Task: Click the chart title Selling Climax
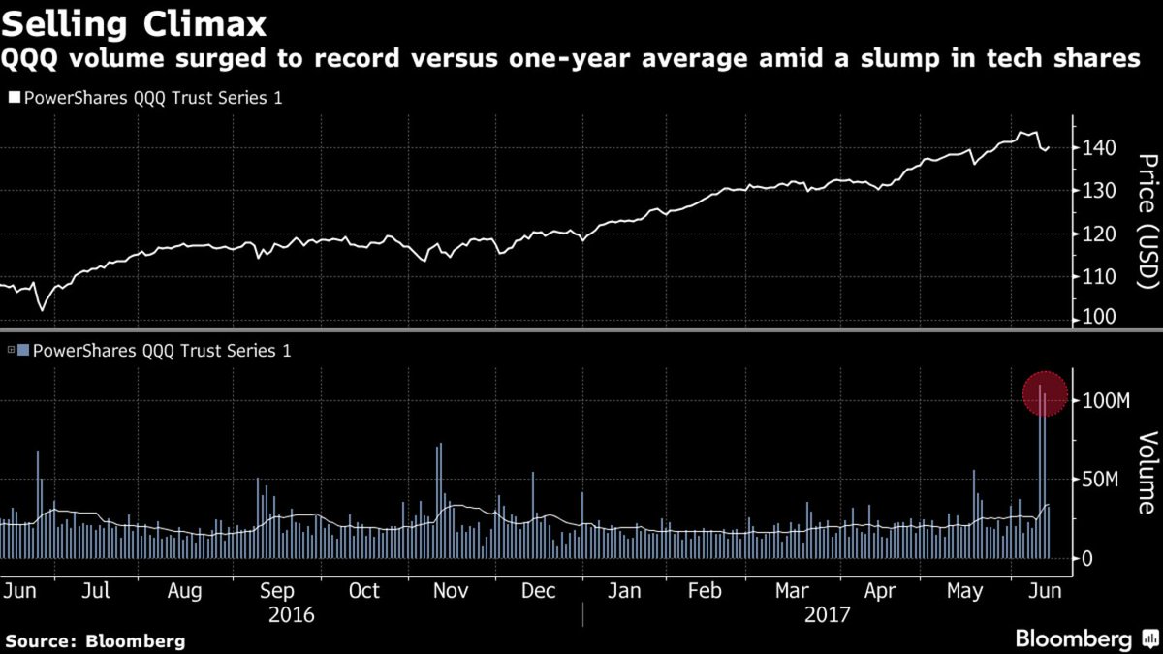(x=135, y=20)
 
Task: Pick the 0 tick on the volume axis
(x=1088, y=559)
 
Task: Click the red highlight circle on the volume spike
(x=1045, y=394)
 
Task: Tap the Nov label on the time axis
(x=452, y=591)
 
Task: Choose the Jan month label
(x=625, y=591)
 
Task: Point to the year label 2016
(x=292, y=614)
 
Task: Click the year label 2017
(x=826, y=614)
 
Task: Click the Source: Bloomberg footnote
(x=95, y=640)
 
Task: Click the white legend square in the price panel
(x=15, y=98)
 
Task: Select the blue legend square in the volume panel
(x=24, y=351)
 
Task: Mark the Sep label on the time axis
(x=278, y=591)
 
